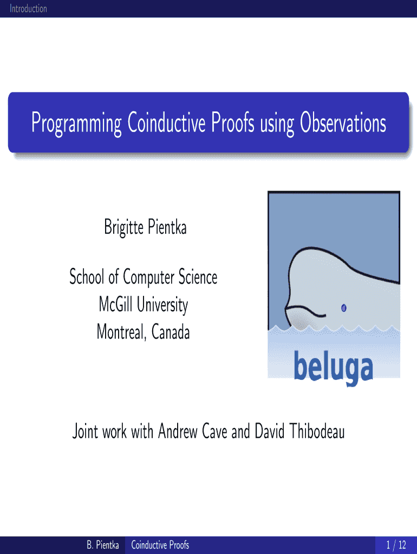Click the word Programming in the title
point(76,123)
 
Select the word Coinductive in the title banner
point(166,122)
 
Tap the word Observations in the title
point(343,122)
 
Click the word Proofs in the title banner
point(233,122)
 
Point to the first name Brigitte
point(123,227)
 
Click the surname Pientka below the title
point(167,227)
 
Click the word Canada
point(171,332)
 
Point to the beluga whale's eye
point(343,308)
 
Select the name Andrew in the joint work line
point(178,431)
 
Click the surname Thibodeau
point(317,431)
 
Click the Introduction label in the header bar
point(28,9)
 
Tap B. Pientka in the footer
point(103,545)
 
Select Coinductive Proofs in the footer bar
point(160,545)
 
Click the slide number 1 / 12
point(396,545)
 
